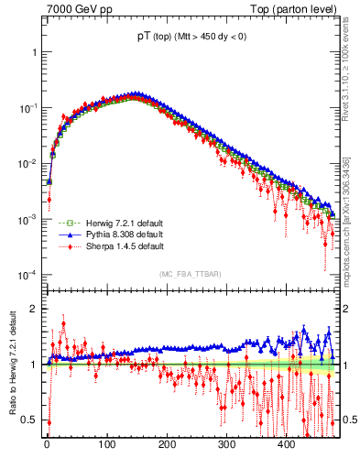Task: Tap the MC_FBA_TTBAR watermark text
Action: (x=191, y=275)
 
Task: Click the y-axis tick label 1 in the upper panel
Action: (x=35, y=52)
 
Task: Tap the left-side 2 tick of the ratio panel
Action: (x=35, y=309)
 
